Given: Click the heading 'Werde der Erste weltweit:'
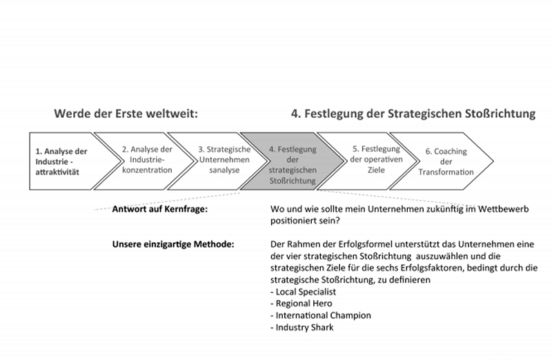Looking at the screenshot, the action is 126,114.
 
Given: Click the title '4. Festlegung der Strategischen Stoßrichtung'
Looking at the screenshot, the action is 413,114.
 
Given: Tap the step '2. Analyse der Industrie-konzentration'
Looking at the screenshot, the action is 144,161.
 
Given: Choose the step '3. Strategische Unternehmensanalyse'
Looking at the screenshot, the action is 217,161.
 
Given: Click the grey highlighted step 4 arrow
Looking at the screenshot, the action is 292,161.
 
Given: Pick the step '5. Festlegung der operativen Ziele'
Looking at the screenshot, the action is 368,161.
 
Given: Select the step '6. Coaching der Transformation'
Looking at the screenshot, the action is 442,161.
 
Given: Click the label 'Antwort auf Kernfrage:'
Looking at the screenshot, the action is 160,209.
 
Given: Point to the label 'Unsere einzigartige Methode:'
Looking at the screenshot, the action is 173,244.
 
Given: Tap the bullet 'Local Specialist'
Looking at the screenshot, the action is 303,292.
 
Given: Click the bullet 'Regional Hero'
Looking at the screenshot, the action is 302,303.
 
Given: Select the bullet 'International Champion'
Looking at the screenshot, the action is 321,315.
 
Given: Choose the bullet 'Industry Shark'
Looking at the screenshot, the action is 302,328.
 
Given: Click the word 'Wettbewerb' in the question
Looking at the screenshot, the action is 503,209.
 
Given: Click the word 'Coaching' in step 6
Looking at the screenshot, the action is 451,152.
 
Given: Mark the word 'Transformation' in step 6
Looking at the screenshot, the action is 446,172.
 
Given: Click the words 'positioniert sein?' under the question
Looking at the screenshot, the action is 305,221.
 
